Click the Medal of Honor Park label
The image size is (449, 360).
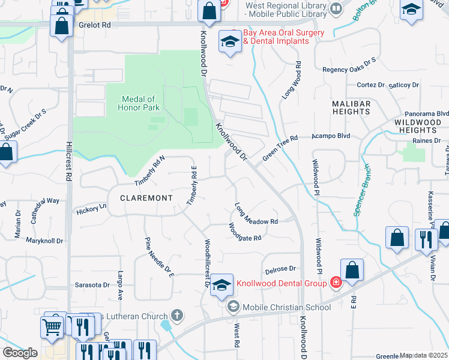tap(139, 103)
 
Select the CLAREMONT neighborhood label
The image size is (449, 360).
tap(146, 197)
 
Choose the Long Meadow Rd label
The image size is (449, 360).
tap(256, 214)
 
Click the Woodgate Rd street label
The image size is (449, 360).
tap(244, 232)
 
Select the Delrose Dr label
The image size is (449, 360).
tap(282, 269)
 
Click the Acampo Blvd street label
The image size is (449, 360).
tap(330, 136)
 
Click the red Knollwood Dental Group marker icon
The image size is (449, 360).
tap(336, 283)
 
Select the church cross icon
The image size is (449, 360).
tap(176, 314)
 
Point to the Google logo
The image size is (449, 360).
tap(20, 352)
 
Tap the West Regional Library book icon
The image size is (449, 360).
tap(336, 8)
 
